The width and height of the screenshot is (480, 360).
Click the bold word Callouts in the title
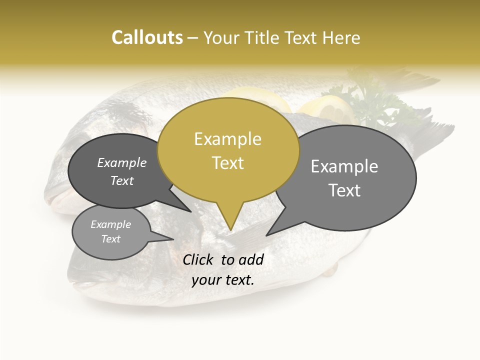click(x=147, y=37)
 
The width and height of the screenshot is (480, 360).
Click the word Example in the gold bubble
click(x=227, y=139)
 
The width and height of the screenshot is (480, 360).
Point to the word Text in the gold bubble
click(x=228, y=162)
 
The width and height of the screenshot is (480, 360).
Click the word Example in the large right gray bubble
click(x=344, y=166)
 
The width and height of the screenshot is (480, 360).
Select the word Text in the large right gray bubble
click(x=344, y=190)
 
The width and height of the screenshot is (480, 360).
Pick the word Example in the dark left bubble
click(x=122, y=162)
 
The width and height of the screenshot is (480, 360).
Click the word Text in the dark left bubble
click(x=122, y=180)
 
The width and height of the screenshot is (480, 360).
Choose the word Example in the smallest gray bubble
click(x=111, y=224)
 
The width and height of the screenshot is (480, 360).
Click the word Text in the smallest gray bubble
click(x=111, y=238)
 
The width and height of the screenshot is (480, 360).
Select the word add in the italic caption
click(x=251, y=259)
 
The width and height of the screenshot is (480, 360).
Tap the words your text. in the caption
click(x=223, y=280)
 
